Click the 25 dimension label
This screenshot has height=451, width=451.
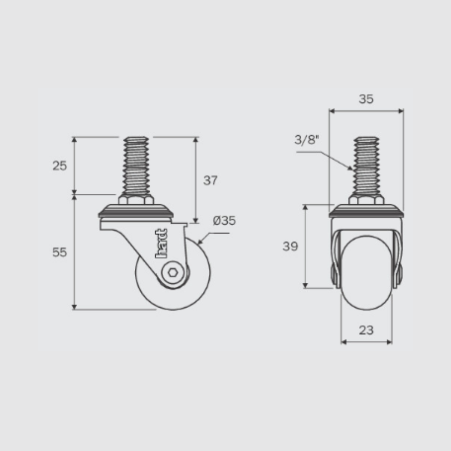[60, 166]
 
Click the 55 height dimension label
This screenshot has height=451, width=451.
[60, 252]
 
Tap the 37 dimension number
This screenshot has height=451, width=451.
[210, 180]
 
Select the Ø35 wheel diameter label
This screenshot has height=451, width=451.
[224, 221]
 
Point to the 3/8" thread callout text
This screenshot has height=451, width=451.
[307, 140]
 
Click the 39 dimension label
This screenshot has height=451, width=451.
[290, 246]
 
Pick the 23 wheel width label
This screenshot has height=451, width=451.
[366, 330]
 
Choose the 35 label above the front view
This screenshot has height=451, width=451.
[366, 99]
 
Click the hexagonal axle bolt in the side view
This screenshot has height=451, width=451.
[173, 272]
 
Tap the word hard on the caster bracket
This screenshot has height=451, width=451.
[161, 243]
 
